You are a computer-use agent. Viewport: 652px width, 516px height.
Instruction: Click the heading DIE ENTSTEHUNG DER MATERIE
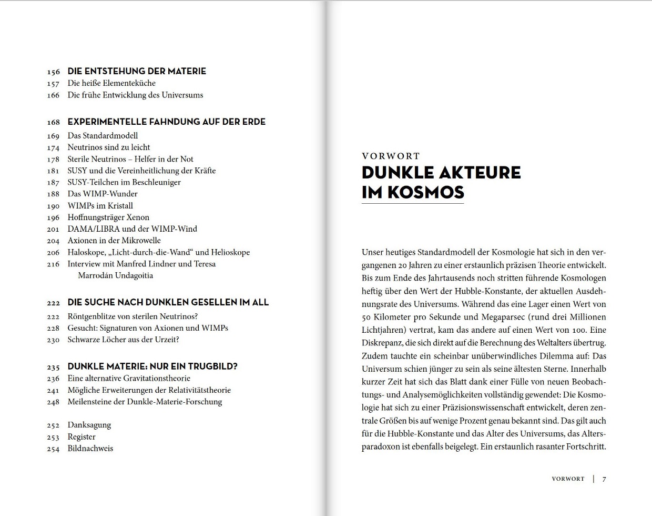[137, 71]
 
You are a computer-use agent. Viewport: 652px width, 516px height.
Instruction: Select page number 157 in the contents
[53, 84]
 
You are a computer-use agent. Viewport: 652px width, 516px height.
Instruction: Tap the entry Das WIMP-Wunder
[99, 194]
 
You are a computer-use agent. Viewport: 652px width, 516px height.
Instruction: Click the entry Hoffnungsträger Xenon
[108, 217]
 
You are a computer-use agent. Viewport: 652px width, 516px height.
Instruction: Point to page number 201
[53, 229]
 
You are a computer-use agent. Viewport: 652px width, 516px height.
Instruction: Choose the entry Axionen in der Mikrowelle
[114, 241]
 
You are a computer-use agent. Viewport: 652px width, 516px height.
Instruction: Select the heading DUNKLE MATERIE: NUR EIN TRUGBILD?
[152, 366]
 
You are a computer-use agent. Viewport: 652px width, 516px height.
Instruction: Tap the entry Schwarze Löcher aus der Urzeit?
[123, 340]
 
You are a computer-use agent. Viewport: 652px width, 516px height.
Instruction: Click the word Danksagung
[89, 425]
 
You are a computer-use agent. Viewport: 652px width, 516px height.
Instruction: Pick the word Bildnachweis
[90, 449]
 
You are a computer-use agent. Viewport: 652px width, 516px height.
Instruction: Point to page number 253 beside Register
[53, 437]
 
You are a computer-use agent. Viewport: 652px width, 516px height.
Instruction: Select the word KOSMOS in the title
[426, 192]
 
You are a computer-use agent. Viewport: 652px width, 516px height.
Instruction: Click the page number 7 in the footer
[604, 479]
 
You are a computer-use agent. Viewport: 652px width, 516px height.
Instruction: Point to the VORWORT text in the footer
[568, 479]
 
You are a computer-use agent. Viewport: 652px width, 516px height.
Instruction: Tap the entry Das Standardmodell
[103, 136]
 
